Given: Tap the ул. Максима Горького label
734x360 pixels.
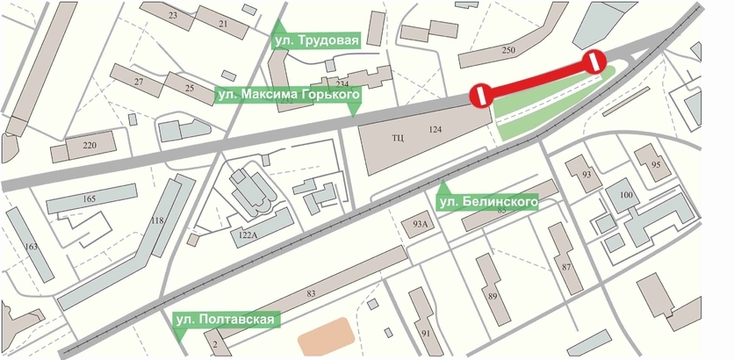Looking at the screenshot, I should tap(287, 94).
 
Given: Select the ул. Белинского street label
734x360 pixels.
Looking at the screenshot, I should tap(486, 203).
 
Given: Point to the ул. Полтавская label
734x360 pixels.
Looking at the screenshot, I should tap(227, 320).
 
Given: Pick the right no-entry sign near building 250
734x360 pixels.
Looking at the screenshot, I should tap(594, 61).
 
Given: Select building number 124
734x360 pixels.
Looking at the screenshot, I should tap(434, 131).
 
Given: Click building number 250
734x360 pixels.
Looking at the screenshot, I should tap(507, 51).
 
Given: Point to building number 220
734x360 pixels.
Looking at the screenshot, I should tap(90, 145).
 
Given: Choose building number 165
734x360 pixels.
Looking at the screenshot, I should tap(89, 200).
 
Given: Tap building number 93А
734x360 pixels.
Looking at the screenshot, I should tap(419, 225).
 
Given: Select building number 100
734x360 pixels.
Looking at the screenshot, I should tap(626, 195).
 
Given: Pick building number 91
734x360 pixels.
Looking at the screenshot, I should tap(427, 334).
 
